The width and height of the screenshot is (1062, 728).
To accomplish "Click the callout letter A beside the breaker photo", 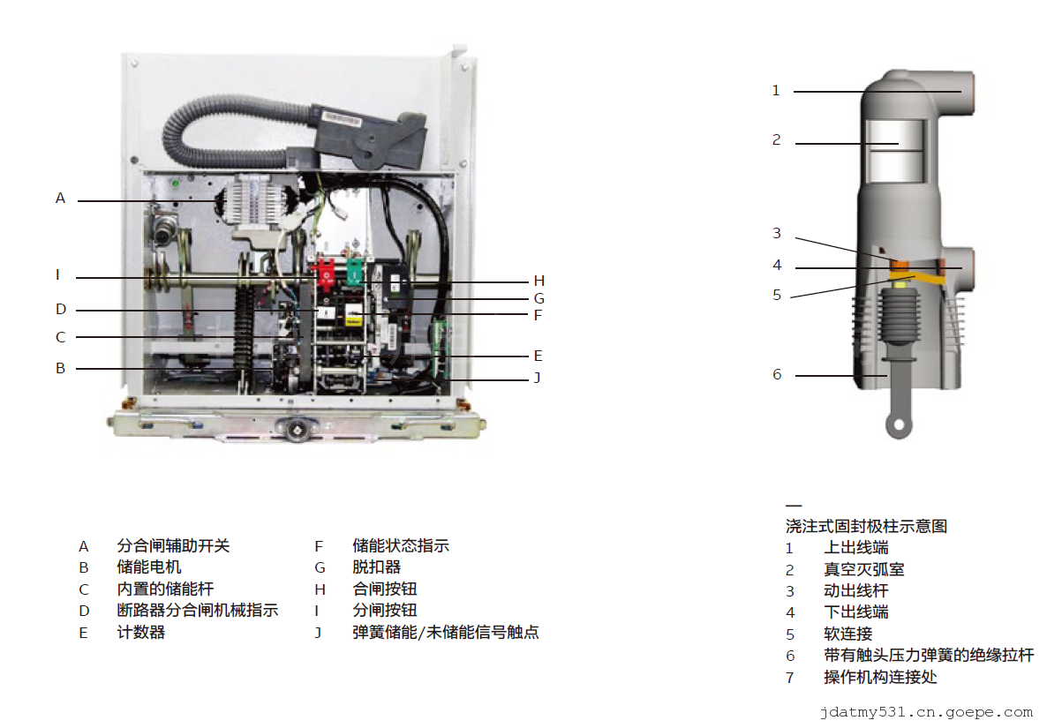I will pyautogui.click(x=60, y=199).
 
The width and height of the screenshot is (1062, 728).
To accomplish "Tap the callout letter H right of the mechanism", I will pyautogui.click(x=539, y=281).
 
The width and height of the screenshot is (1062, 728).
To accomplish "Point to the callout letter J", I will pyautogui.click(x=537, y=378).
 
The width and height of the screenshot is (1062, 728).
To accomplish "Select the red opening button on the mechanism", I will pyautogui.click(x=325, y=273).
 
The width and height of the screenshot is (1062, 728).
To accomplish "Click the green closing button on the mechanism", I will pyautogui.click(x=355, y=270).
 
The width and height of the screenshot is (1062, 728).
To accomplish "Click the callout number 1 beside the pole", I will pyautogui.click(x=776, y=90).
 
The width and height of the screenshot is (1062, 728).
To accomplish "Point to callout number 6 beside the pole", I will pyautogui.click(x=777, y=374).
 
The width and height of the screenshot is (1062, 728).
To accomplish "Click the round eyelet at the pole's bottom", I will pyautogui.click(x=899, y=426).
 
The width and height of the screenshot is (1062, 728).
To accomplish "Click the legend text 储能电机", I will pyautogui.click(x=149, y=567).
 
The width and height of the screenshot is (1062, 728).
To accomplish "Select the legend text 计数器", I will pyautogui.click(x=141, y=632).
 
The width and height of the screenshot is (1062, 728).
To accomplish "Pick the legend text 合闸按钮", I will pyautogui.click(x=385, y=589).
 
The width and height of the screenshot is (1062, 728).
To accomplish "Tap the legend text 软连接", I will pyautogui.click(x=847, y=634).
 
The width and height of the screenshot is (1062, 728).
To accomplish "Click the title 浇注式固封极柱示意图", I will pyautogui.click(x=866, y=526).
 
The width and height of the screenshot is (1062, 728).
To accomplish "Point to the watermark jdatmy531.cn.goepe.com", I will pyautogui.click(x=925, y=711).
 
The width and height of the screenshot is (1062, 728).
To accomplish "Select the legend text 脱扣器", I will pyautogui.click(x=377, y=567).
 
